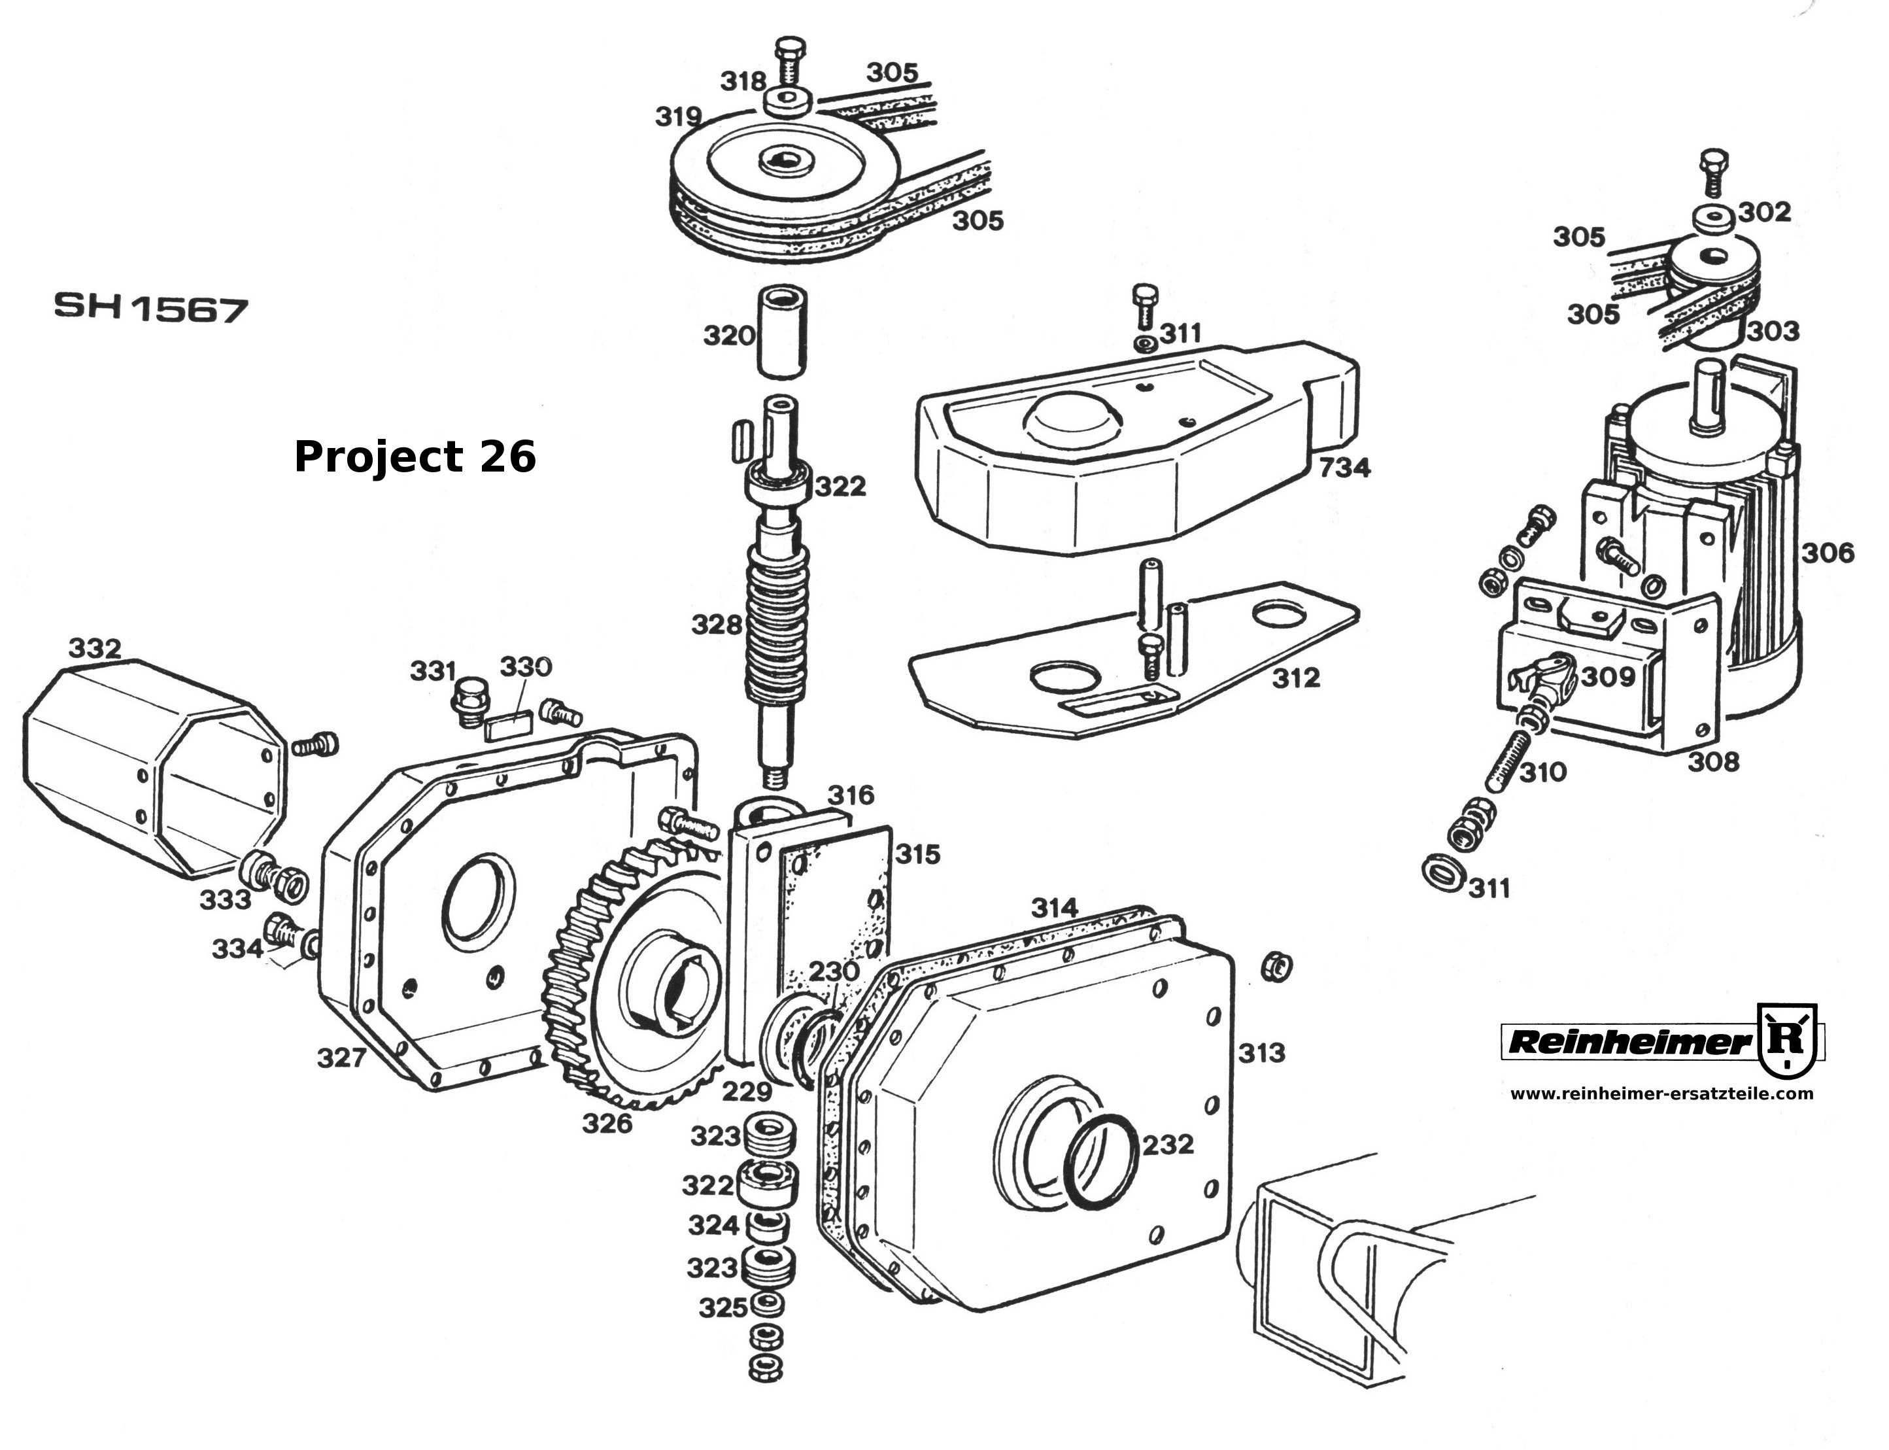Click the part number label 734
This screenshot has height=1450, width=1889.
1344,468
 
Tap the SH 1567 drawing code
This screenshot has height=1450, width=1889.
151,308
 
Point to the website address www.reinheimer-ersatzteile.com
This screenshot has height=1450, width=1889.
1661,1094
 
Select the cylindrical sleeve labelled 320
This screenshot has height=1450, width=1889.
781,333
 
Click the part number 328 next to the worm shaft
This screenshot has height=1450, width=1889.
716,624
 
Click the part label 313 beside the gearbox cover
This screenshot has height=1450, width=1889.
1262,1053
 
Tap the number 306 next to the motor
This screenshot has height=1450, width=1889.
1827,553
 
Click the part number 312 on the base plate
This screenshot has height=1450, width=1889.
1296,678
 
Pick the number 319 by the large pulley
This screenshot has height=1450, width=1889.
678,116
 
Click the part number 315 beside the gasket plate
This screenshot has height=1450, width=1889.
917,854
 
